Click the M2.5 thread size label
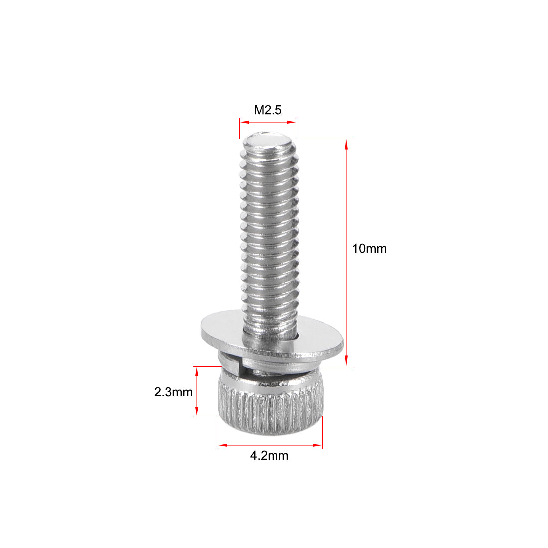(x=268, y=110)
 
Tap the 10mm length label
(x=369, y=248)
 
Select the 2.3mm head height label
(x=173, y=392)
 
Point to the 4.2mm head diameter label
(x=269, y=455)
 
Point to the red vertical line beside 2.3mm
(x=197, y=392)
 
